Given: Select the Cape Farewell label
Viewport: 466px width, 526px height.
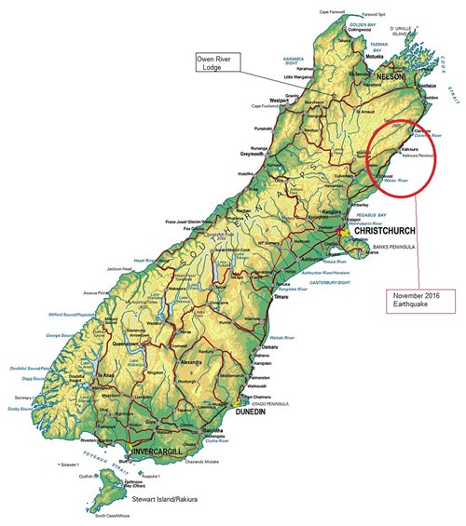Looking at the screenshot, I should tap(333, 12).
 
